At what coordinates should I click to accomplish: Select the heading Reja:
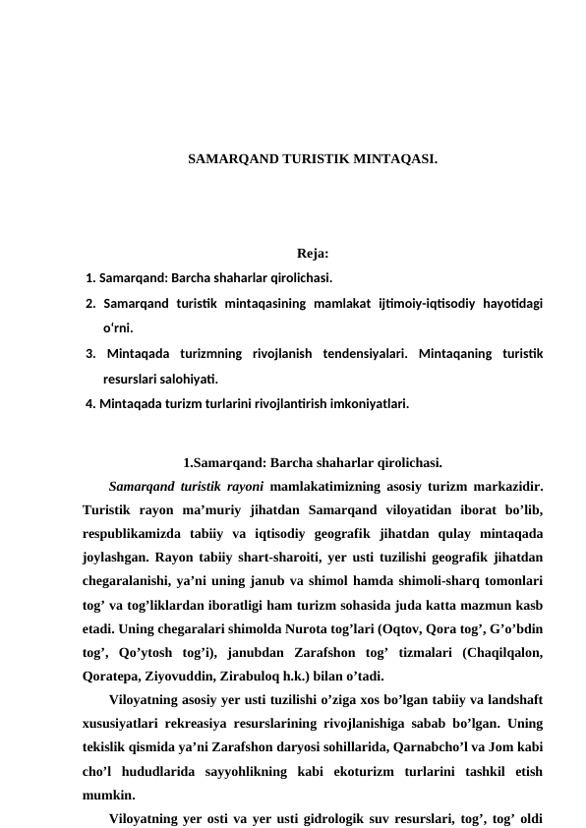(x=312, y=257)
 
